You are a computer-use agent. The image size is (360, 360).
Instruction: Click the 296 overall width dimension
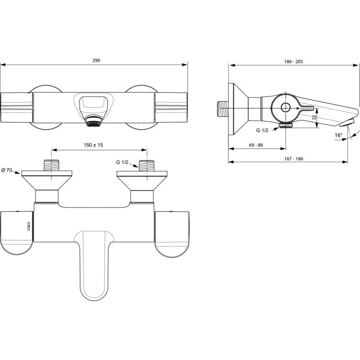pos(96,60)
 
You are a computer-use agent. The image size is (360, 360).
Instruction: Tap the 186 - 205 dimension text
pos(293,62)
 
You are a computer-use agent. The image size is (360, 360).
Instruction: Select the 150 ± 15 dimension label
pos(94,145)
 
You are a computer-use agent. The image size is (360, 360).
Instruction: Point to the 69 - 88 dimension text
pos(256,145)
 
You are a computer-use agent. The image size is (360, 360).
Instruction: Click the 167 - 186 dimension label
pos(293,159)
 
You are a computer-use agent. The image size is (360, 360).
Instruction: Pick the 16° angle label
pos(338,135)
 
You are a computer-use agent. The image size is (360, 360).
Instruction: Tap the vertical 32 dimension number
pos(315,118)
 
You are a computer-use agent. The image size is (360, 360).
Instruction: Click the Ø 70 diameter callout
pos(6,170)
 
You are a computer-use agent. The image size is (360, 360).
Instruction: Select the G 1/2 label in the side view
pos(262,130)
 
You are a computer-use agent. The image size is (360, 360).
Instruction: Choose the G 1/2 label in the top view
pos(122,162)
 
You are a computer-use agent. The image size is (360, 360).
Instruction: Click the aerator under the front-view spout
pos(93,121)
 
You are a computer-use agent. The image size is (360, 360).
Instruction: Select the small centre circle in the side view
pos(285,108)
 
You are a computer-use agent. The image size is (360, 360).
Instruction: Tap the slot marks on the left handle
pos(29,226)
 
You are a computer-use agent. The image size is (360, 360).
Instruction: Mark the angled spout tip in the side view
pos(347,123)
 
